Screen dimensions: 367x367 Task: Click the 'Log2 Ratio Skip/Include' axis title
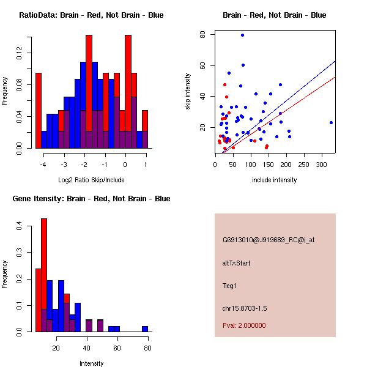pyautogui.click(x=91, y=180)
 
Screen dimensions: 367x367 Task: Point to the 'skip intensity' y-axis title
pyautogui.click(x=188, y=92)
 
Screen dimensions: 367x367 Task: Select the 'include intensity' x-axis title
pyautogui.click(x=275, y=180)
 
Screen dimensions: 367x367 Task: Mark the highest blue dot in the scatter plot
pyautogui.click(x=243, y=35)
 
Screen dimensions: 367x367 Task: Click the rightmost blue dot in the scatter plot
pyautogui.click(x=331, y=122)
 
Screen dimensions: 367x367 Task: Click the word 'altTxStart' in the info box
pyautogui.click(x=237, y=263)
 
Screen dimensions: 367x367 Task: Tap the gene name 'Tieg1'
pyautogui.click(x=229, y=285)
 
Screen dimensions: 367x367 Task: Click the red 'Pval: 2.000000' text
pyautogui.click(x=244, y=325)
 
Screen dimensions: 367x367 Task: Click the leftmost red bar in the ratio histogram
pyautogui.click(x=39, y=110)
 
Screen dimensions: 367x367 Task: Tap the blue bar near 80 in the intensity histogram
pyautogui.click(x=145, y=328)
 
